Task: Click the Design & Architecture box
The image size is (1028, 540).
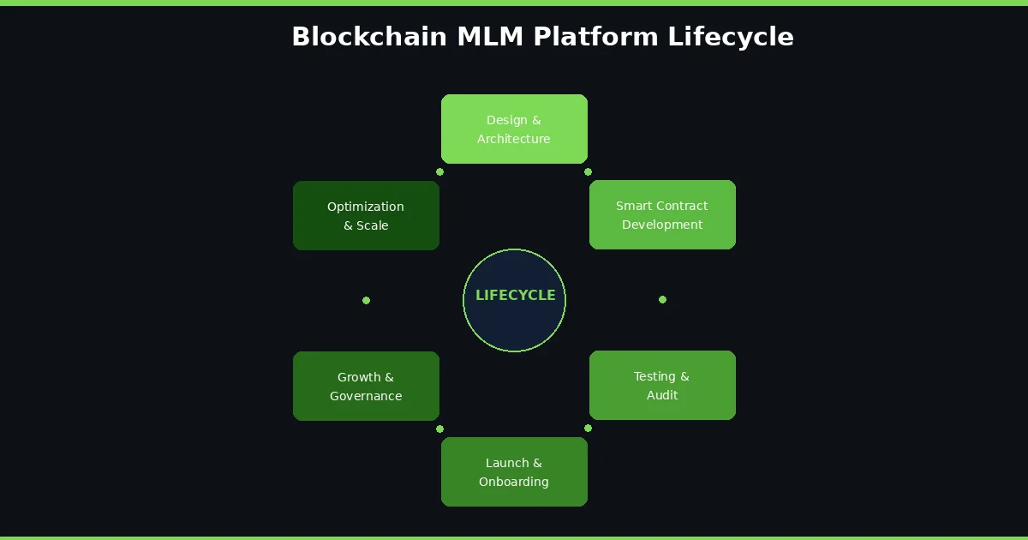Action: pyautogui.click(x=514, y=129)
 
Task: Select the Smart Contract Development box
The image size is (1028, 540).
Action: pyautogui.click(x=662, y=214)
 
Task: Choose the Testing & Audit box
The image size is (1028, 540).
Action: pyautogui.click(x=662, y=385)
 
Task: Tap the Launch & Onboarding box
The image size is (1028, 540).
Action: pyautogui.click(x=514, y=471)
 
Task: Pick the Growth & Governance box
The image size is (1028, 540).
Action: pyautogui.click(x=366, y=386)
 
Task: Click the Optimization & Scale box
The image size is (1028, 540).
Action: pyautogui.click(x=366, y=215)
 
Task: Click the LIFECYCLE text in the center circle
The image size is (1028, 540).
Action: pyautogui.click(x=515, y=296)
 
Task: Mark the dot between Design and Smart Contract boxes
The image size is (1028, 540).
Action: pyautogui.click(x=588, y=171)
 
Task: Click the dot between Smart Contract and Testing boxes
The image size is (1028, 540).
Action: pyautogui.click(x=662, y=299)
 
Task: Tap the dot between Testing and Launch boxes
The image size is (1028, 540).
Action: pyautogui.click(x=588, y=428)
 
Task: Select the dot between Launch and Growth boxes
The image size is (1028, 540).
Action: pyautogui.click(x=439, y=429)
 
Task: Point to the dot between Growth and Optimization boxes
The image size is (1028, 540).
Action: pyautogui.click(x=366, y=300)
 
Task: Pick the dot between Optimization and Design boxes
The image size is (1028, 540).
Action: pyautogui.click(x=439, y=171)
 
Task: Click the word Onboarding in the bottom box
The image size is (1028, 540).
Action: pyautogui.click(x=514, y=482)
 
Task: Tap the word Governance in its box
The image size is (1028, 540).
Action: pyautogui.click(x=366, y=396)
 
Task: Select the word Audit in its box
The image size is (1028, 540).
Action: pyautogui.click(x=662, y=395)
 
